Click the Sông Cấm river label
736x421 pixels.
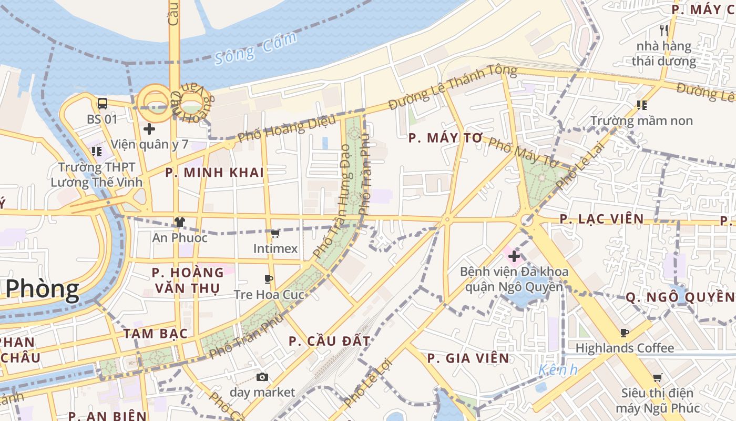255,48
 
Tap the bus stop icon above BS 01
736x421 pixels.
103,104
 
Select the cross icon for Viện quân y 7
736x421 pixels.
149,128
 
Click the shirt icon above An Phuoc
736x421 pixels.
180,222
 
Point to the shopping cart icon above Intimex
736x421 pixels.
275,233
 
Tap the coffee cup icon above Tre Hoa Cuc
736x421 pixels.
269,279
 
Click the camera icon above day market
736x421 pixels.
262,377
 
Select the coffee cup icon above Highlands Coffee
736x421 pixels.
624,333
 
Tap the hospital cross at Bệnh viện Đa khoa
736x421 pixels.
514,256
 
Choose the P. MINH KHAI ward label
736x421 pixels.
214,173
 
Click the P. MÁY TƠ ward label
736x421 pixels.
445,138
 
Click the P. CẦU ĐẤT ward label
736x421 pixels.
330,341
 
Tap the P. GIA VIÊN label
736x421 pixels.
468,358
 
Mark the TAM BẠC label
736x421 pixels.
155,334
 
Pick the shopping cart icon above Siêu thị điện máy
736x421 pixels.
657,377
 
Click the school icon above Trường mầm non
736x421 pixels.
641,105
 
